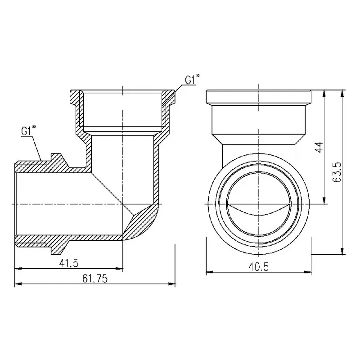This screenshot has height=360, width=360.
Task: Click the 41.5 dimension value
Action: [69, 263]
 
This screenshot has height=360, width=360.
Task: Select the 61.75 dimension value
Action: [95, 279]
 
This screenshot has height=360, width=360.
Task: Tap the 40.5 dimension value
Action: [258, 267]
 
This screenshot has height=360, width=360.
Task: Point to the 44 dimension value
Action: [319, 147]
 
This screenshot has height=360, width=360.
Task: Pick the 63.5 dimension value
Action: [337, 172]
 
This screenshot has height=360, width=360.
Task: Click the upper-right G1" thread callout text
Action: [191, 80]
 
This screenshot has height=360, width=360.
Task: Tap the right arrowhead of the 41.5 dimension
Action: [119, 268]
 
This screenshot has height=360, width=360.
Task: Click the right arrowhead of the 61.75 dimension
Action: [172, 284]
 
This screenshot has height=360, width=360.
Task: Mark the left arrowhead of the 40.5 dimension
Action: [210, 272]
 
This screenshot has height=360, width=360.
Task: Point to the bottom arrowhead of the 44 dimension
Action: [324, 200]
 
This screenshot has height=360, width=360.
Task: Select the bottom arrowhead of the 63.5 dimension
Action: [342, 251]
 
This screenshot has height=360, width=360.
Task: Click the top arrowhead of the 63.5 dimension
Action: [342, 93]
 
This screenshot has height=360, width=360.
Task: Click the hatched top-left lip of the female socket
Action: [75, 97]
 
